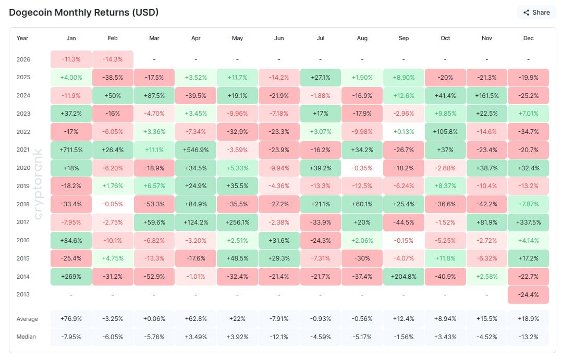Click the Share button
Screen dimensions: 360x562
[536, 13]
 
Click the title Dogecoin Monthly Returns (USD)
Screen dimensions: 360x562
[84, 12]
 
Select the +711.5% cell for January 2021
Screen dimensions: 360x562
[71, 150]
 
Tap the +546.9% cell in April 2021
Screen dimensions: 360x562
[196, 150]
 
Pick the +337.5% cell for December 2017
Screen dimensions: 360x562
[528, 222]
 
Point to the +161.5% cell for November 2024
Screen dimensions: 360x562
[486, 95]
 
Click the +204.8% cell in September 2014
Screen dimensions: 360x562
[404, 276]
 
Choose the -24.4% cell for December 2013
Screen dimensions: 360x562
[528, 294]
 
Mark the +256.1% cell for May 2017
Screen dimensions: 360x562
[237, 222]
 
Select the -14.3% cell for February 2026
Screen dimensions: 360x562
[113, 59]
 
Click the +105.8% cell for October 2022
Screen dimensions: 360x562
[445, 131]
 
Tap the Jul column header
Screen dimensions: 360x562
[320, 38]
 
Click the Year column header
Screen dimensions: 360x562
[22, 38]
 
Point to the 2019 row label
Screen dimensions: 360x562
[23, 186]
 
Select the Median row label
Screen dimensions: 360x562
[27, 337]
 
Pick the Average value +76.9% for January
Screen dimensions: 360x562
[71, 319]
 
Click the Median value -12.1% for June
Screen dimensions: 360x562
[278, 337]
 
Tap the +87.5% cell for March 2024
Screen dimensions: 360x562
[154, 95]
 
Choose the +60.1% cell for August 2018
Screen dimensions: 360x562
[362, 204]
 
